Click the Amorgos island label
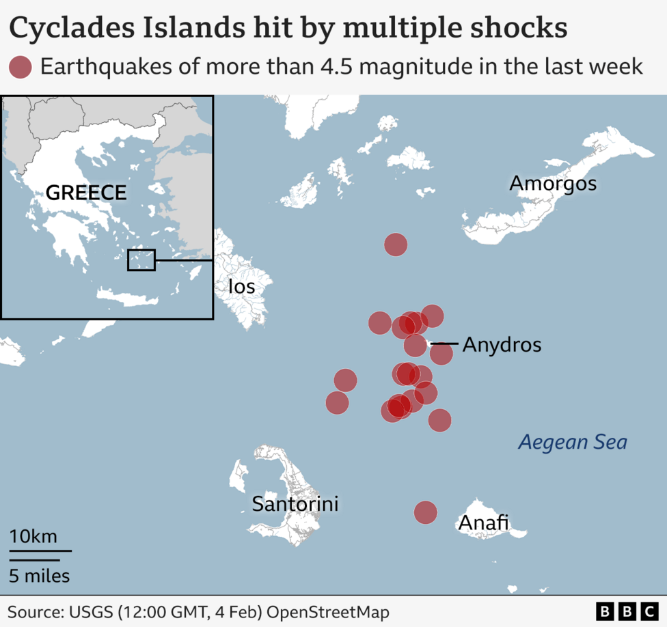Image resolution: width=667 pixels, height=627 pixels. (x=552, y=183)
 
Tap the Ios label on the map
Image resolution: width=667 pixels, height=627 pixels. (x=241, y=286)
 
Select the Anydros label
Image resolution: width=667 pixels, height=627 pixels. (x=502, y=345)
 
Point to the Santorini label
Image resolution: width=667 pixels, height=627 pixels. (x=295, y=505)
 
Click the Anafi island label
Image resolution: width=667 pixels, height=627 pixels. (x=483, y=522)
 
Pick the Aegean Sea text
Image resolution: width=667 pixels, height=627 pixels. (x=572, y=442)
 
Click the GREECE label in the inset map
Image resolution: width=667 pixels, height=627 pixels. (x=86, y=193)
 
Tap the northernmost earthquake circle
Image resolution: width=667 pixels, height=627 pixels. (x=396, y=244)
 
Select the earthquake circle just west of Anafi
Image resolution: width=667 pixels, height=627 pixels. (x=425, y=512)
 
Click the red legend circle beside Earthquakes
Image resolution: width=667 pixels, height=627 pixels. (x=21, y=67)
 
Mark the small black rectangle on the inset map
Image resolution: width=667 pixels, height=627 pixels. (x=141, y=260)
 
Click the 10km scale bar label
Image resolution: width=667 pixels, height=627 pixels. (x=33, y=536)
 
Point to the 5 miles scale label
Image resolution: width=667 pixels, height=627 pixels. (x=39, y=576)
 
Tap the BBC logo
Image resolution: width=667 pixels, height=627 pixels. (x=625, y=611)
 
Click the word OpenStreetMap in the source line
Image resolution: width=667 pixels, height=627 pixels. (x=327, y=611)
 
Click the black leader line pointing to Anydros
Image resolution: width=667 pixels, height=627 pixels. (x=444, y=344)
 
